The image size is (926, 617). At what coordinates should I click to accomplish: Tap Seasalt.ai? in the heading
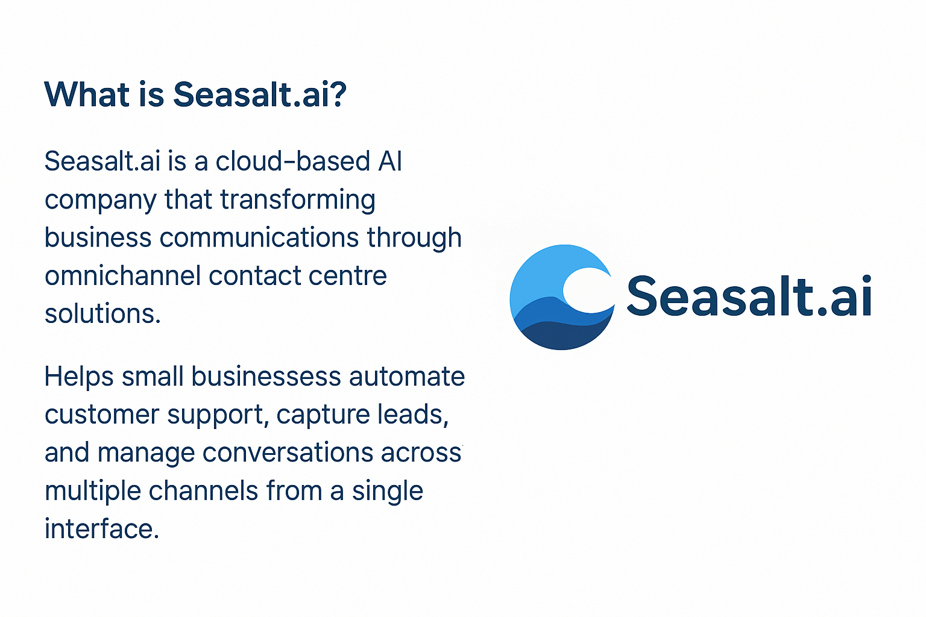tap(260, 95)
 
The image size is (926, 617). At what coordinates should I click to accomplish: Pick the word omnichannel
tap(122, 276)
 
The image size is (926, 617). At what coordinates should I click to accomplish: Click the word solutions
tap(102, 314)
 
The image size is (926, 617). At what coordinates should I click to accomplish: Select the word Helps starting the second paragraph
tap(79, 377)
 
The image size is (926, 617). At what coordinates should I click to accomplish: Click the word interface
tap(101, 529)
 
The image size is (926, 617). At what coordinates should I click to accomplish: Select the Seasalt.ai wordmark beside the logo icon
tap(749, 296)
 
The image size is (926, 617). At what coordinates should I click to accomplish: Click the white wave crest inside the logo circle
tap(588, 290)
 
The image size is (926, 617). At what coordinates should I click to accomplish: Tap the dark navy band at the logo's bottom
tap(561, 336)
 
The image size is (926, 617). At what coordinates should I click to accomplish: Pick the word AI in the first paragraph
tap(389, 161)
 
